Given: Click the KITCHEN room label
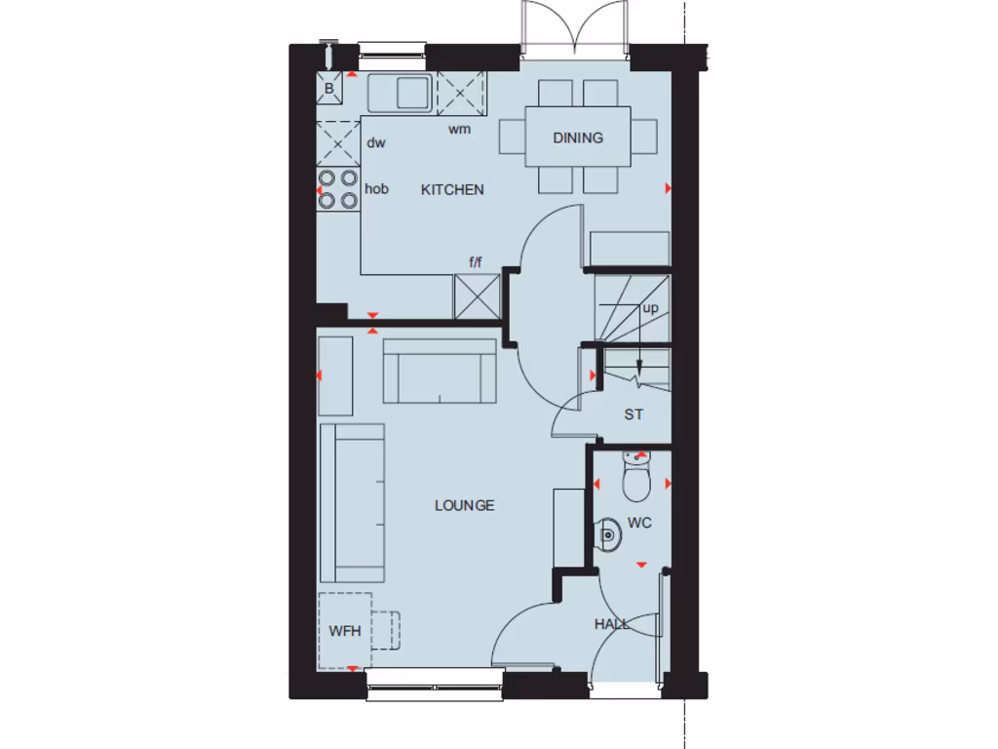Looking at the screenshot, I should point(452,189).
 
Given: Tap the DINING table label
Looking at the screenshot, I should point(578,138).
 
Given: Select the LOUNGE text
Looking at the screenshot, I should point(464,505).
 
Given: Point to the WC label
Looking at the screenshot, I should point(639,523).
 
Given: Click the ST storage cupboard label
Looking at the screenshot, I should point(633,414).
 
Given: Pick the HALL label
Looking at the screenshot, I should point(612,623).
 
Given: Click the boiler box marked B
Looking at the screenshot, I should point(329,89).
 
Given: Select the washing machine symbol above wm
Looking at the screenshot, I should point(460,95).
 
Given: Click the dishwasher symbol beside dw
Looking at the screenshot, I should point(337,143).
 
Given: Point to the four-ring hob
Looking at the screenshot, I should point(337,189).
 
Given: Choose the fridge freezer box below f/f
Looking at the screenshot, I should point(478,296).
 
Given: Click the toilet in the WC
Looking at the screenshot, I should point(635,477).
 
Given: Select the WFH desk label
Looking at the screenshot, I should point(344,631).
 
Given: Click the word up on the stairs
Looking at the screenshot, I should point(650,308).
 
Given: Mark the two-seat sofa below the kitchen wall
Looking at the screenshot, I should point(440,370).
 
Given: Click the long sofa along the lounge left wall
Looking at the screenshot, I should point(352,502).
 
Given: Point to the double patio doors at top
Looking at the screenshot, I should point(574,29).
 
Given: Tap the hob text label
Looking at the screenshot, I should point(376,189).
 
